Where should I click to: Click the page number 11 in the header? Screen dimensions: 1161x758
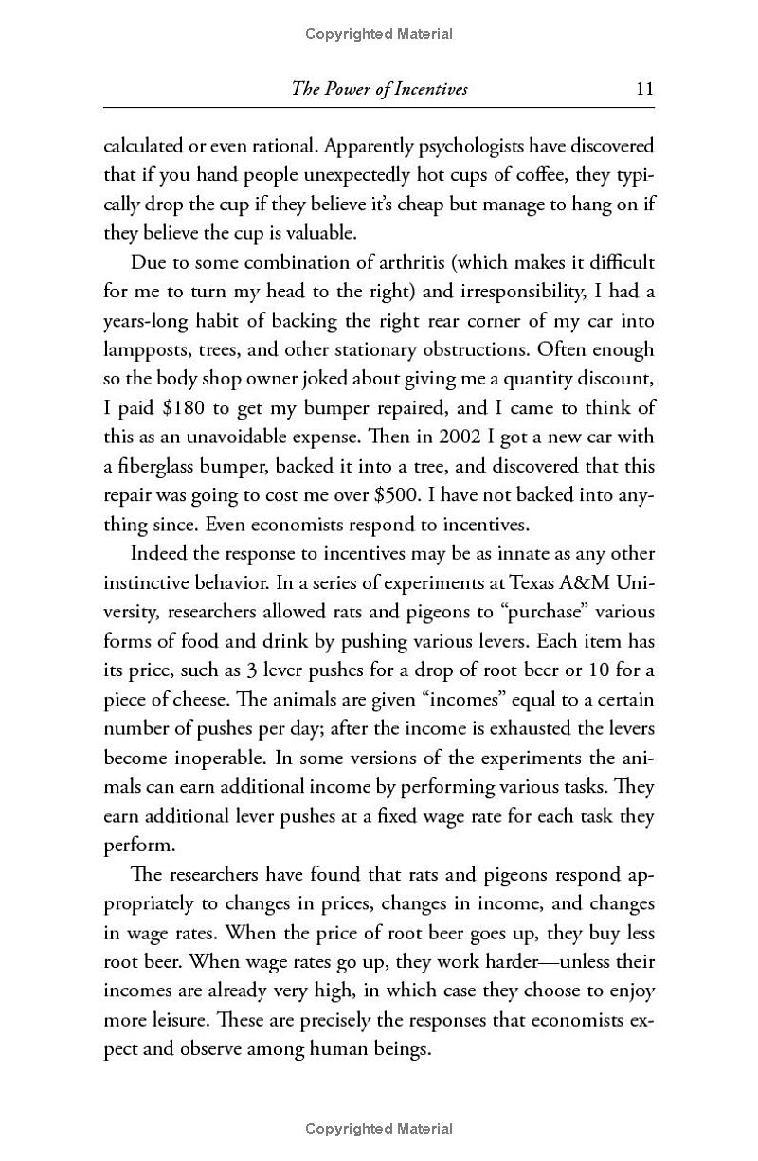coord(644,90)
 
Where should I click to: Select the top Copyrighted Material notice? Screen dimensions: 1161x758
coord(379,34)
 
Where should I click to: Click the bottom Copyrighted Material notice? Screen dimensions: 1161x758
coord(379,1128)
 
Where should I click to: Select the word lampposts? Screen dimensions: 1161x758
coord(140,349)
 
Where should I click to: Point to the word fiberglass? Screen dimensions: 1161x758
coord(163,467)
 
